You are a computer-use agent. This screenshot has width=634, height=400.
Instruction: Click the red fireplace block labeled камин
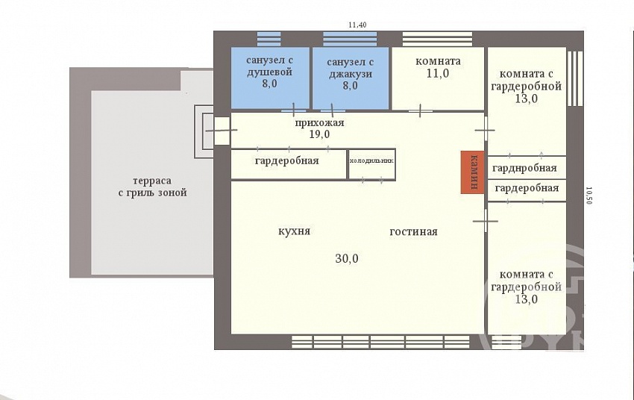pos(472,172)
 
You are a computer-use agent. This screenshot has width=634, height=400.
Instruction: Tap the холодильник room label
pos(371,160)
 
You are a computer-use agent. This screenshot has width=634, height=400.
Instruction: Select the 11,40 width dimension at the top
pos(357,25)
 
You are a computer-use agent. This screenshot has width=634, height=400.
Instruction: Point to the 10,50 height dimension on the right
pos(589,196)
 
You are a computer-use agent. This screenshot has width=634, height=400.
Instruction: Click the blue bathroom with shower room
pos(270,78)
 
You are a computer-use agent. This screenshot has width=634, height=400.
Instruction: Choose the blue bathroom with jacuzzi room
pos(351,78)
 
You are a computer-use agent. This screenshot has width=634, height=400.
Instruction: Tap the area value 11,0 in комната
pos(438,74)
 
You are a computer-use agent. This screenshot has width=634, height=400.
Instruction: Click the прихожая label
pos(319,122)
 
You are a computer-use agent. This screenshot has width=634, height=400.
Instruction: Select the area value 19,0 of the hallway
pos(319,134)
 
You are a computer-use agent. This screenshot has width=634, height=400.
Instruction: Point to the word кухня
pos(295,231)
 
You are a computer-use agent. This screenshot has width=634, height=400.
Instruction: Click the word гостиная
pos(414,232)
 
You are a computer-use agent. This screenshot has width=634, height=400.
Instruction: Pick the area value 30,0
pos(347,258)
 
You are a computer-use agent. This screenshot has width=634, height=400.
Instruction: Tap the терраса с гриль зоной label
pos(152,187)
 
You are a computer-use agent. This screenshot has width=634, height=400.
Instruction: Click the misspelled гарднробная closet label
pos(524,168)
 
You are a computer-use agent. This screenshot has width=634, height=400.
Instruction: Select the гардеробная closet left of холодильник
pos(287,161)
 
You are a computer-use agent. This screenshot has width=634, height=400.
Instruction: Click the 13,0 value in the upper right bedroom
pos(527,99)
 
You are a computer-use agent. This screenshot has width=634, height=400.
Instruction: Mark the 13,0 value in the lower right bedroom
pos(527,299)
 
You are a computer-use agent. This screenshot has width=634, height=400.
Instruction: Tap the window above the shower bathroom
pos(269,40)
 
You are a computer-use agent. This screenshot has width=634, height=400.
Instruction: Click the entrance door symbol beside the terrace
pos(222,131)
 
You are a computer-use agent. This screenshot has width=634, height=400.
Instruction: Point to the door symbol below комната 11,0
pos(420,110)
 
